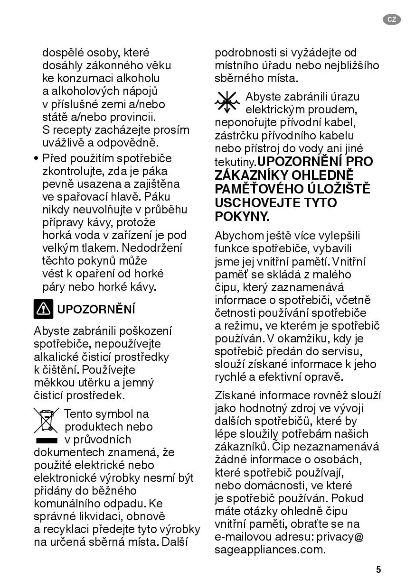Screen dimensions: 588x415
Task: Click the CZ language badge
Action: (392, 19)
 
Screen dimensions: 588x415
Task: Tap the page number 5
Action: (378, 570)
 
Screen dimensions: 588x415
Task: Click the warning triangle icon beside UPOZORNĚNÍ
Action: (43, 309)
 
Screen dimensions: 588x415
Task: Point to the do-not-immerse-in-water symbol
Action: (227, 101)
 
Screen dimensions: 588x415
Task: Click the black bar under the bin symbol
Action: (46, 441)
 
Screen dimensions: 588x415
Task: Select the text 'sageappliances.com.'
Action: (270, 550)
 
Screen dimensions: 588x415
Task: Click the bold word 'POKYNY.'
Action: (242, 216)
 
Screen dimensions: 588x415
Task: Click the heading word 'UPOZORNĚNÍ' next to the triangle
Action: (96, 310)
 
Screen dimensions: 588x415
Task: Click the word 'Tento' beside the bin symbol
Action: (78, 414)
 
